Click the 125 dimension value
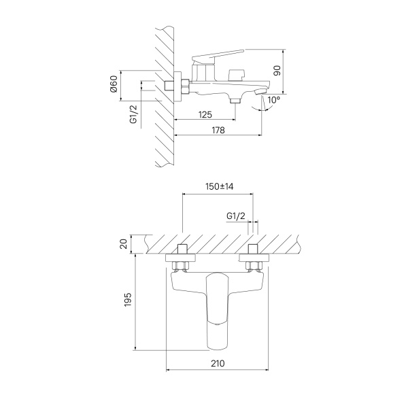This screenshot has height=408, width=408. click(205, 114)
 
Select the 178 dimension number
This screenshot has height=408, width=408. click(218, 130)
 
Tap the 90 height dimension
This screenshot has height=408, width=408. click(277, 71)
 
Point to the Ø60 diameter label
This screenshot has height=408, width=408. click(114, 85)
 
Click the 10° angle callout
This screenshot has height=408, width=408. click(274, 100)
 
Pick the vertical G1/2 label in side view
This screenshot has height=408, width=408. click(133, 114)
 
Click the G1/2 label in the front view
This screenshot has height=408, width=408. click(236, 216)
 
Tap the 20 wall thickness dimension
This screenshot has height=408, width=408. click(124, 244)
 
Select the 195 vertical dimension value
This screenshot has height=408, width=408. click(128, 300)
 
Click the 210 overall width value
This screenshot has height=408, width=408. click(218, 363)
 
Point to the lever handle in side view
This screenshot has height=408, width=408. click(218, 55)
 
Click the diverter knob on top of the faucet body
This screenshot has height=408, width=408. click(236, 75)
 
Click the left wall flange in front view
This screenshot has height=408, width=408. click(181, 258)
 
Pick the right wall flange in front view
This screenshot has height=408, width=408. click(254, 258)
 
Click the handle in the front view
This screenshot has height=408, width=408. click(217, 311)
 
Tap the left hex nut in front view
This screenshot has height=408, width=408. click(180, 266)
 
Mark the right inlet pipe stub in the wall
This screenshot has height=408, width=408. click(253, 250)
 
